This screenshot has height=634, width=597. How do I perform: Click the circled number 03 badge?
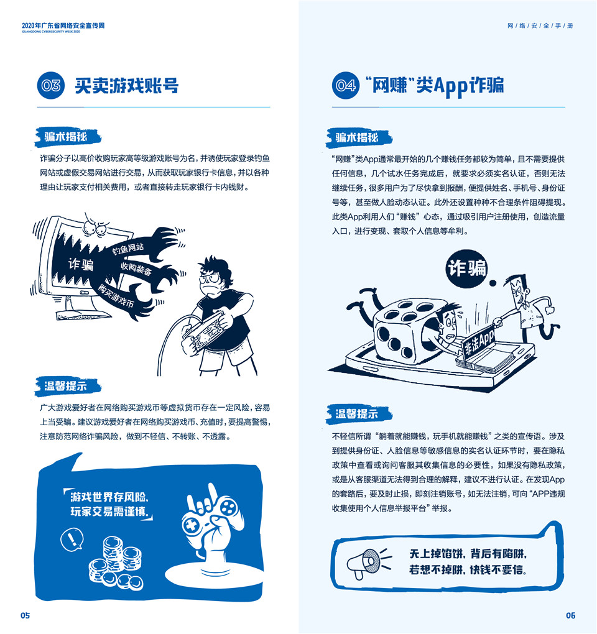(51, 85)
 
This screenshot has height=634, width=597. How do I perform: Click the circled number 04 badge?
(346, 85)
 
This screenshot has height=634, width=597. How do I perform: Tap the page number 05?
(25, 615)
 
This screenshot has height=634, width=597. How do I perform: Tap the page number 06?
(570, 615)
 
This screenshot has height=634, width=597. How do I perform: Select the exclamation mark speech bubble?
(72, 540)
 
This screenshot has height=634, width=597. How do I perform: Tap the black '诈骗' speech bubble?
(466, 269)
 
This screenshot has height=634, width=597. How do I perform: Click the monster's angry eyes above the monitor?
(96, 229)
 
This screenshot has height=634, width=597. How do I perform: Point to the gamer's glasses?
(209, 278)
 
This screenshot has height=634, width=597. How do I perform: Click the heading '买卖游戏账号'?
(127, 86)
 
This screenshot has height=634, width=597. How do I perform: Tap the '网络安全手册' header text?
(540, 25)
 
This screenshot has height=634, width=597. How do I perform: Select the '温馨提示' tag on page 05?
(66, 386)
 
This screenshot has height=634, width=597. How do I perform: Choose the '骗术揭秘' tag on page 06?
(358, 137)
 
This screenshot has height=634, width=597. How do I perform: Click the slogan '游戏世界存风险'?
(109, 497)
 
